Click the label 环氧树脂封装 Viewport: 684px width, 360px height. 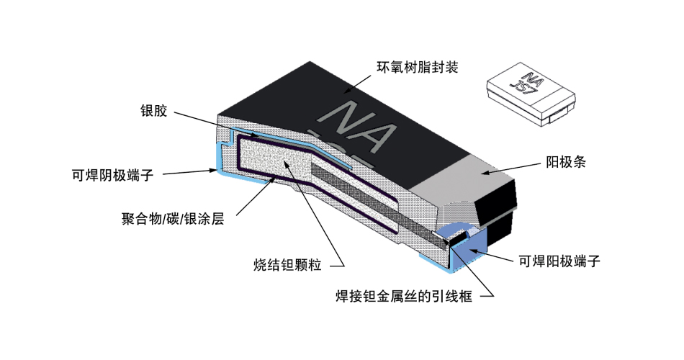pyautogui.click(x=418, y=68)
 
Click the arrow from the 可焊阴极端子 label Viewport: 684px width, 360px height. pyautogui.click(x=187, y=171)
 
